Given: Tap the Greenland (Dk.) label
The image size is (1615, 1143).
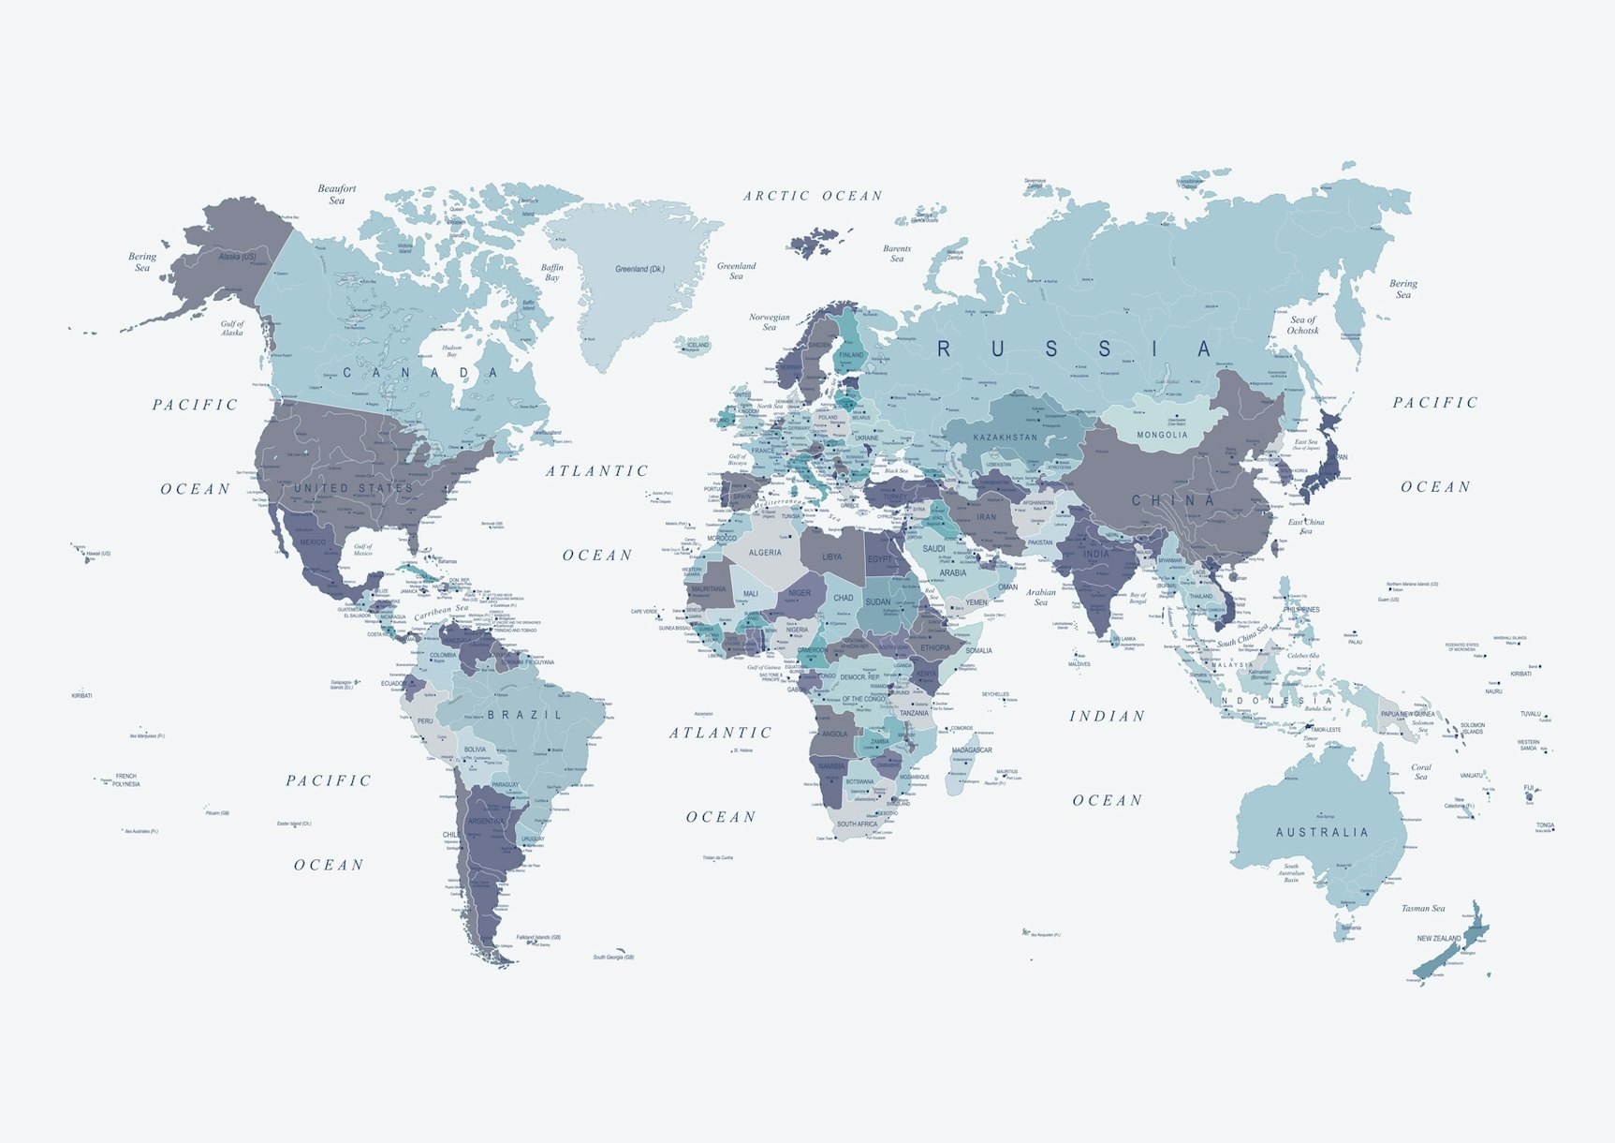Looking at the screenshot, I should (639, 269).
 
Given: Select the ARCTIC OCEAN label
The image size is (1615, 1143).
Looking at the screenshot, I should (813, 196).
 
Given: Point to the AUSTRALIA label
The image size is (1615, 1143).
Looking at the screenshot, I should (1322, 832).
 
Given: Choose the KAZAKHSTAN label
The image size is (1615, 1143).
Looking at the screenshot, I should (1005, 438).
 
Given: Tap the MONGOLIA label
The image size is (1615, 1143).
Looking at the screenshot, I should (1162, 435).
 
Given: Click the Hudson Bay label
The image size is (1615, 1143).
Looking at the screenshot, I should (452, 351).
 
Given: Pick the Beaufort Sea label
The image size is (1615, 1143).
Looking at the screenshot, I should (337, 194).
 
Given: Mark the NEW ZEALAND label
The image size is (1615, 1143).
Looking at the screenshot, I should (1439, 938).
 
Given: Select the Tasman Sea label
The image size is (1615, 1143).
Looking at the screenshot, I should (1423, 908).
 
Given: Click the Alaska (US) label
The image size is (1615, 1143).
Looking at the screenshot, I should (237, 256).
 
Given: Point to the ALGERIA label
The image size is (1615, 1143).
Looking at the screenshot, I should (765, 553).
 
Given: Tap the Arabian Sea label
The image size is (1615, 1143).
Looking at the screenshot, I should (1041, 597).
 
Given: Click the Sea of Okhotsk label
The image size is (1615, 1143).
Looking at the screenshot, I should (1302, 325).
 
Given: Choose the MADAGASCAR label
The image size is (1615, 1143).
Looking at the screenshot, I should (972, 750).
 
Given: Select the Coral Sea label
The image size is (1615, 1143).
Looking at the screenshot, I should (1421, 772).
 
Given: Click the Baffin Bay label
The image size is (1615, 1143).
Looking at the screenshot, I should (552, 273).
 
